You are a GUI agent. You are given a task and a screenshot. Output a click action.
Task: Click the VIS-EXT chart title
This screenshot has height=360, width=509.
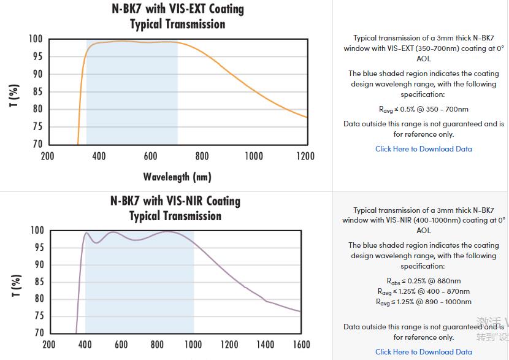coord(177,17)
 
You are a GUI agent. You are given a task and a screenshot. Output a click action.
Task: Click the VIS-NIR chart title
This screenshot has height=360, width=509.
coord(175,209)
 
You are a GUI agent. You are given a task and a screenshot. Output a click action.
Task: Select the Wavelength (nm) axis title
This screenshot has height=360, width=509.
coord(177,177)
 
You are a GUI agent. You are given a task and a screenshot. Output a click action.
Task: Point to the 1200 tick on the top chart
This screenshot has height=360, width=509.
coord(305,156)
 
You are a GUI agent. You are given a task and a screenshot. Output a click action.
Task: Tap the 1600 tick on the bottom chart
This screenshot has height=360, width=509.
coord(301,345)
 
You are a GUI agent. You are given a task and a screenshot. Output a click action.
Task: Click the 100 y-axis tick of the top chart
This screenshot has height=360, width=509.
coord(36,39)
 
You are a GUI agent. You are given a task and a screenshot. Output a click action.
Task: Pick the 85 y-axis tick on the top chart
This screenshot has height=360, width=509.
coord(37,92)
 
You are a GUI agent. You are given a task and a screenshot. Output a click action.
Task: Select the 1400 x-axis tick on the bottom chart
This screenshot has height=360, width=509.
coord(265,345)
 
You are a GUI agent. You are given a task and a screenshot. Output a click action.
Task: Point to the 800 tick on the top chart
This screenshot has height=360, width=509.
coord(202,156)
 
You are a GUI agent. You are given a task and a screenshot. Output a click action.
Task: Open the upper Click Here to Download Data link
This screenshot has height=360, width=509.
coord(423,149)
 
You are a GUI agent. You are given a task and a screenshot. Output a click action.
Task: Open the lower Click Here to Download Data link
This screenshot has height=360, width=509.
coord(423,352)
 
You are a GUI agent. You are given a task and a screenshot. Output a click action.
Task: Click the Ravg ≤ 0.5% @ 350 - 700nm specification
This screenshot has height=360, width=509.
coord(423,110)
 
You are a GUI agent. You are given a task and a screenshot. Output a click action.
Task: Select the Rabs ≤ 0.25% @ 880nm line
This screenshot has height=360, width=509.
coord(423,281)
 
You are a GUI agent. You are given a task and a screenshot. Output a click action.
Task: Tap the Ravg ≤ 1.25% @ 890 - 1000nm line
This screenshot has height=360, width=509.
coord(423,302)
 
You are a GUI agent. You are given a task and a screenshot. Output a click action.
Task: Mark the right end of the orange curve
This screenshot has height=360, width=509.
coord(307,117)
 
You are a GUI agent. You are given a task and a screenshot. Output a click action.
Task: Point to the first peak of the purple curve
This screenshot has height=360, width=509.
coord(86,232)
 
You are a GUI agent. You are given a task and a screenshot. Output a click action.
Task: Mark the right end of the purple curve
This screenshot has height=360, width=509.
coord(300,312)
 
